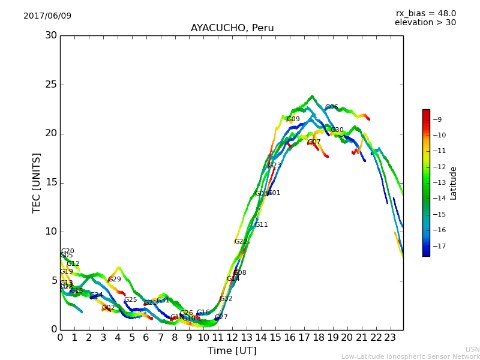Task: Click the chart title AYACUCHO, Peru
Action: point(232,28)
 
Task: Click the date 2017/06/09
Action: point(47,16)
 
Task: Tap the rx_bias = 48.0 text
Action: point(425,13)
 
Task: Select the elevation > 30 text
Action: point(425,23)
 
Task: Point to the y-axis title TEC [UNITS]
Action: point(37,182)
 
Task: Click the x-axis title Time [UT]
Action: point(232,351)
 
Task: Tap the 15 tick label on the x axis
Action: point(275,338)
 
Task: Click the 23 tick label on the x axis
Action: point(390,338)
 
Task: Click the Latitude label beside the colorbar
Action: point(454,183)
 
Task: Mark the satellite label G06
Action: point(331,107)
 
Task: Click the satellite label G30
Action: point(337,130)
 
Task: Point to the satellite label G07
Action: point(314,142)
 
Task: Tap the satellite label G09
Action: point(293,119)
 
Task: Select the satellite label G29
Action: point(115,280)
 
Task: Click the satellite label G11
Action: point(262,225)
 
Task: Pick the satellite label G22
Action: point(241,242)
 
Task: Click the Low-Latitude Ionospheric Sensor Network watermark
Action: point(410,356)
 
